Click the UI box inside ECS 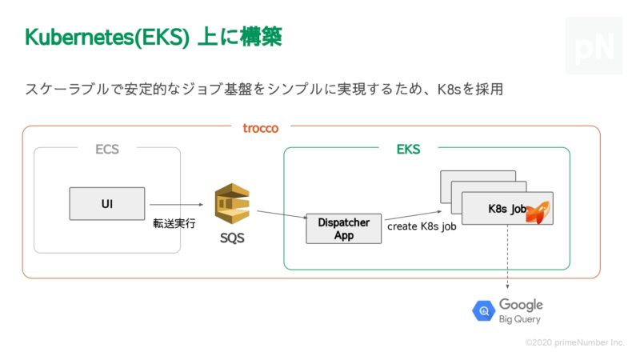coord(107,204)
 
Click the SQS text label coord(231,238)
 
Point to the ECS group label coord(107,149)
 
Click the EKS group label coord(408,149)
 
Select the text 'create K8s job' coord(421,226)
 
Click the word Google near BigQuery coord(521,305)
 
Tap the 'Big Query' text coord(520,319)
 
